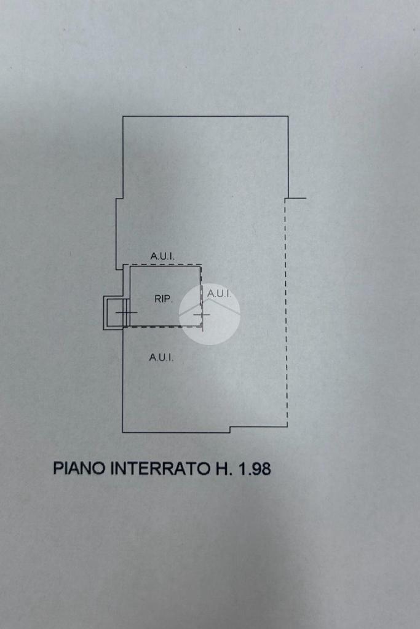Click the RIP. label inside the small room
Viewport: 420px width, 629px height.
(x=163, y=299)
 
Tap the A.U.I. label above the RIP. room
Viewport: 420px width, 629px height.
(x=162, y=255)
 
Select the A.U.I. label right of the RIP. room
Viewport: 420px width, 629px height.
(x=219, y=294)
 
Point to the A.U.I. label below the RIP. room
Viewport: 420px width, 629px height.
(x=161, y=357)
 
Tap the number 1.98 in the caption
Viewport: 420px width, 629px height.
(x=252, y=469)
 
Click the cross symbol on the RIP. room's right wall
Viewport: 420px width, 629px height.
(x=202, y=315)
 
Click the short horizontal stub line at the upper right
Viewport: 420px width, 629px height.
(x=296, y=199)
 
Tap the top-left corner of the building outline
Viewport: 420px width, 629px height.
(x=124, y=117)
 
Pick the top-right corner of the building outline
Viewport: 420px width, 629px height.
(x=288, y=117)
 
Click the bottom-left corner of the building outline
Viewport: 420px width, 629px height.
(x=123, y=432)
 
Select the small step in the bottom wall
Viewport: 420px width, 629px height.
(x=230, y=429)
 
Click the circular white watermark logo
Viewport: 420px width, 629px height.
(x=209, y=314)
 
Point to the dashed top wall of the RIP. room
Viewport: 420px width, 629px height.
(x=165, y=265)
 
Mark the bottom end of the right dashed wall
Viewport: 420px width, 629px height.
(x=287, y=425)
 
